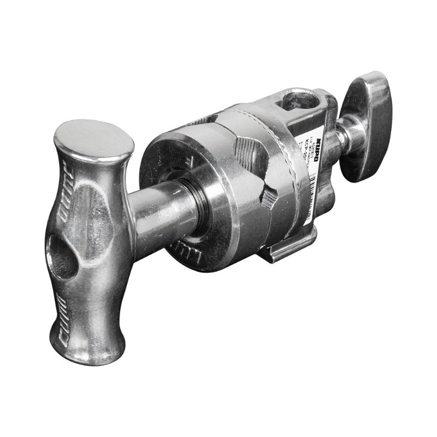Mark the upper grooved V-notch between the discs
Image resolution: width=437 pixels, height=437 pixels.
pyautogui.click(x=246, y=144)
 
